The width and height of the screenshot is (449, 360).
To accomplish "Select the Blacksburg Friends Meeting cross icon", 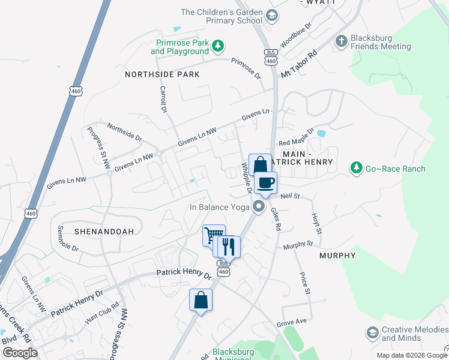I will pos(342,41).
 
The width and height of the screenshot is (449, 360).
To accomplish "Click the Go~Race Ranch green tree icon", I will pos(357,168).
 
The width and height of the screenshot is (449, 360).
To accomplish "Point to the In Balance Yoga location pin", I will pos(259,207).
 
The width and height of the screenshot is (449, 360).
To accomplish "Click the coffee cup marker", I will pos(265,183).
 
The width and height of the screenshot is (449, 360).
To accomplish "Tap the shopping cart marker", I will pos(213,235).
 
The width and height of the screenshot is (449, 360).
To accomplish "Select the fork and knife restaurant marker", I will pos(228,246).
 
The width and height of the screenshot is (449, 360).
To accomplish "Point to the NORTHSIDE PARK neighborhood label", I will pos(162,74).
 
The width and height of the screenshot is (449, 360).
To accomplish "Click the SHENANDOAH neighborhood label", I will pos(100,230).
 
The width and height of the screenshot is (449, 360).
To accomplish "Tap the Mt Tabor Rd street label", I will pos(299,63).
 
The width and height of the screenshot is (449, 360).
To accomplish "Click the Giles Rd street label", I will pos(275,220).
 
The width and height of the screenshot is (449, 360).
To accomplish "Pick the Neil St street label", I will pos(289,196).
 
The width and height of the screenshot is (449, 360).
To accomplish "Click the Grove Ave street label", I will pos(292,322).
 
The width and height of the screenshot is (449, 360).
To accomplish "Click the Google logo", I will pos(20,353).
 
